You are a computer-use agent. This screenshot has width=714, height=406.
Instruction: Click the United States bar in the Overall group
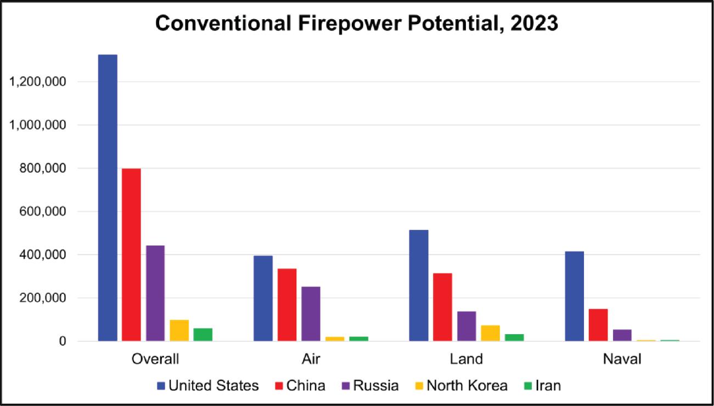(x=108, y=198)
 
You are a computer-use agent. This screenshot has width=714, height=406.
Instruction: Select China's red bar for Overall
(x=131, y=255)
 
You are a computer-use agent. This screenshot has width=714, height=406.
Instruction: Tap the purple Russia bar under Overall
(x=155, y=293)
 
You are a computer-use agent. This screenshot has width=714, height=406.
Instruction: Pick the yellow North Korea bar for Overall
(x=179, y=330)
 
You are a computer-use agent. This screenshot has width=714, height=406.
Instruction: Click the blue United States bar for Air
(x=263, y=298)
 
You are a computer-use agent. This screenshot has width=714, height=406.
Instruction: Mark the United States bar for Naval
(x=574, y=296)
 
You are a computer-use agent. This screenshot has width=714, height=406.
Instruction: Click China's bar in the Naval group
(x=598, y=325)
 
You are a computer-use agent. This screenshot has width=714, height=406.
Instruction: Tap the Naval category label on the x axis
(x=621, y=360)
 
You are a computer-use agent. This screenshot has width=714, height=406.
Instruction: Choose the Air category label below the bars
(x=311, y=360)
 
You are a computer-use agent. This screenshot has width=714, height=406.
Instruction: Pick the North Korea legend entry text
(x=467, y=386)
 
